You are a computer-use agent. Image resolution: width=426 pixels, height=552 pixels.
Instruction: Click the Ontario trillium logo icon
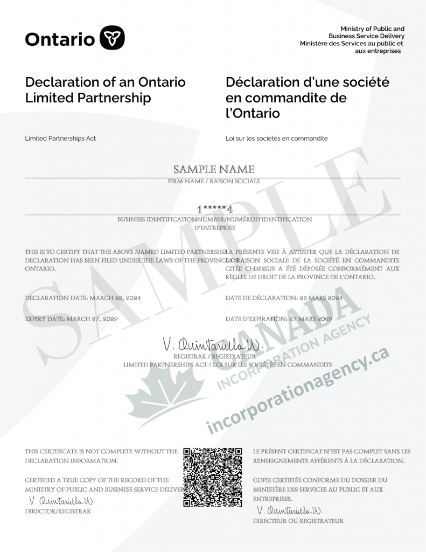113,38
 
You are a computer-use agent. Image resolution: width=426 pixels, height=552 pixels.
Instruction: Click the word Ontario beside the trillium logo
60,38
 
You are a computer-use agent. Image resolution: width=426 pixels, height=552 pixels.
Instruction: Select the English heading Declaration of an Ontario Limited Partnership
105,90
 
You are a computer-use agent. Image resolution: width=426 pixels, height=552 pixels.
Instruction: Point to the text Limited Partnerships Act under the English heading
60,139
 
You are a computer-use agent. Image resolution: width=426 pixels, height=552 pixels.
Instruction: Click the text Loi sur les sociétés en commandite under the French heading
276,139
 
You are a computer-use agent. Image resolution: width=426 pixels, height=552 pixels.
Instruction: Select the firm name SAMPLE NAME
213,169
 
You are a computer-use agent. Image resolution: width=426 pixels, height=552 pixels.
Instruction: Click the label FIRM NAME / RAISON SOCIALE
214,182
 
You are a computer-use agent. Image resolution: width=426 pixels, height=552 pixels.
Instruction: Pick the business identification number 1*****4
214,209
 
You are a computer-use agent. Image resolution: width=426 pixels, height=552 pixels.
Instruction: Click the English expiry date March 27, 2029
92,319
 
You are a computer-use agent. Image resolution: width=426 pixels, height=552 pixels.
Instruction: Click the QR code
213,477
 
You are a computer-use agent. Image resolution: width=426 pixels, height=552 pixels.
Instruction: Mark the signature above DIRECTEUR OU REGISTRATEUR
291,510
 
